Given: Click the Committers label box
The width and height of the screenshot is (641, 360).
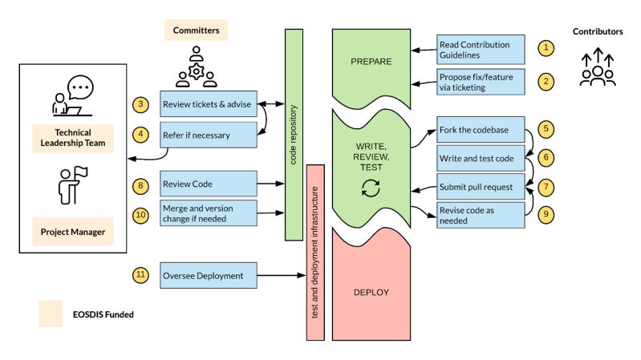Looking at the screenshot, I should point(197,30).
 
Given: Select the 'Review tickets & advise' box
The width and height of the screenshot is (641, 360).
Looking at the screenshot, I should point(209,104).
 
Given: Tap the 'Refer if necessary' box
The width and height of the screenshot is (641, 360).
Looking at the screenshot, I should point(209,135).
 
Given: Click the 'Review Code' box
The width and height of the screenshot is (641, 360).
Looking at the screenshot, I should point(209,184).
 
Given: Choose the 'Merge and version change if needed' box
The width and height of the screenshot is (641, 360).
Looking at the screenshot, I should point(209,213).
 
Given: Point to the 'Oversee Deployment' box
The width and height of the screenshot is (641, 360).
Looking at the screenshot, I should point(209,275).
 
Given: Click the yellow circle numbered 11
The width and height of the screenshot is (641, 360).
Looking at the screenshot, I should point(141,275).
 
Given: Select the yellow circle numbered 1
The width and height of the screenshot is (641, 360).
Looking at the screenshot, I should point(546,47).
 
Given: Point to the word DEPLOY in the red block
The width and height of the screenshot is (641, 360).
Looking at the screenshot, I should point(371,293).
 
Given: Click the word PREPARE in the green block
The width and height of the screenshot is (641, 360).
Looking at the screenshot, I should point(371,62).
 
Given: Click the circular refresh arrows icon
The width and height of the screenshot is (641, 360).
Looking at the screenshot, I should point(371,188).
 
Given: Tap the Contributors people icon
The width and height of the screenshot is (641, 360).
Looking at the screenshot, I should point(598,67).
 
